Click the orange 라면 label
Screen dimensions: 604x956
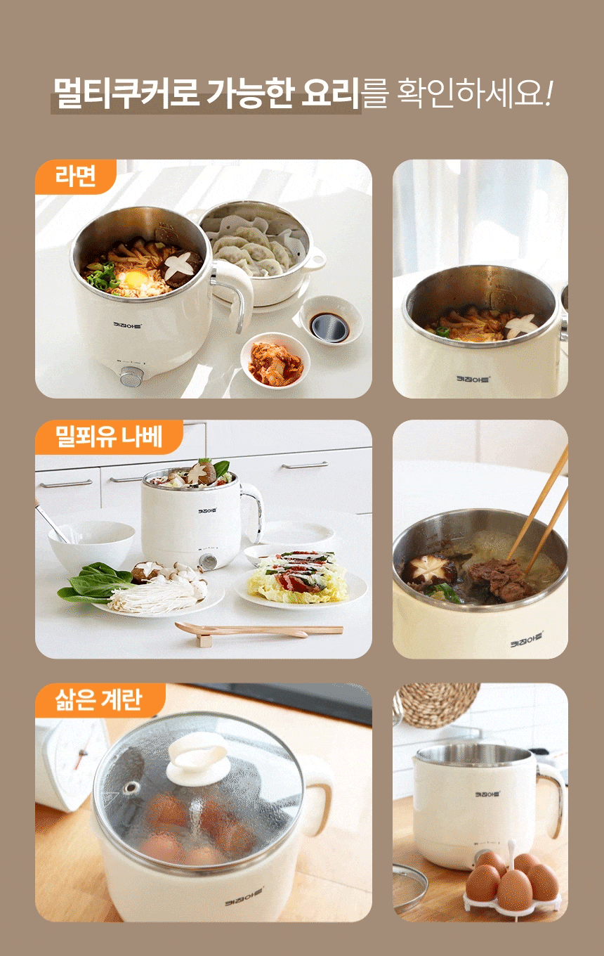76,176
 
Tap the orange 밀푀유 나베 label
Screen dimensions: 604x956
109,437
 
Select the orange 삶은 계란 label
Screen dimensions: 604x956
100,700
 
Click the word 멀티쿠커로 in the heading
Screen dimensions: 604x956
126,93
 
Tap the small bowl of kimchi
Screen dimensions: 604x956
275,361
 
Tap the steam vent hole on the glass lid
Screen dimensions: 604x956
131,786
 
